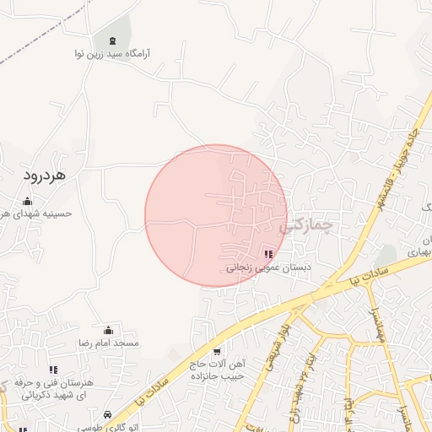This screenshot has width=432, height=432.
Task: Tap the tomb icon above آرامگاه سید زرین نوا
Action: tap(112, 40)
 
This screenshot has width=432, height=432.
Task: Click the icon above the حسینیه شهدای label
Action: tap(28, 201)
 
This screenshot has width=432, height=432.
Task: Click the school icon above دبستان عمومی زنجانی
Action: tap(268, 254)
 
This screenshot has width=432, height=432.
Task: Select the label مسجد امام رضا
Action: tap(108, 343)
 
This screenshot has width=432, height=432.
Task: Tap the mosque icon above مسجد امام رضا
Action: tap(108, 331)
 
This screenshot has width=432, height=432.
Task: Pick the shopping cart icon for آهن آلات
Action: tap(217, 352)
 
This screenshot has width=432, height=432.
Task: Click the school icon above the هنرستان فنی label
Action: tap(53, 370)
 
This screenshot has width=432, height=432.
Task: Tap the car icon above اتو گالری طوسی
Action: tap(108, 415)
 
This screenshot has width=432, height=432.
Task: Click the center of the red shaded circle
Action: tap(216, 216)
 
